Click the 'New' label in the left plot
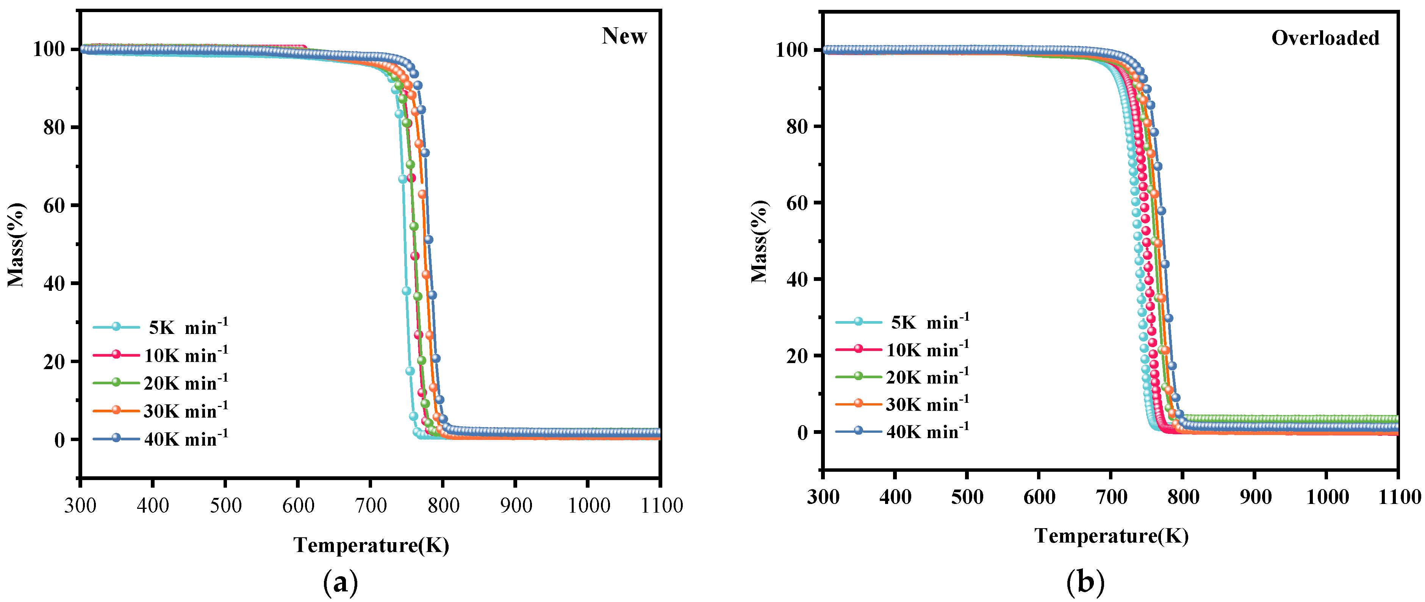[x=624, y=36]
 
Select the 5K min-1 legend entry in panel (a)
[x=160, y=327]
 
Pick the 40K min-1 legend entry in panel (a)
[x=160, y=438]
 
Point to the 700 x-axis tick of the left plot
[x=370, y=505]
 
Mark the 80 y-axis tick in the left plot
[x=54, y=127]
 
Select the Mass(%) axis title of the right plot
[x=760, y=242]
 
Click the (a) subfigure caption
[x=340, y=582]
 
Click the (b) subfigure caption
[x=1085, y=582]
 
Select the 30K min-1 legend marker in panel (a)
[x=116, y=410]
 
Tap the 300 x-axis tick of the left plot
[x=80, y=505]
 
